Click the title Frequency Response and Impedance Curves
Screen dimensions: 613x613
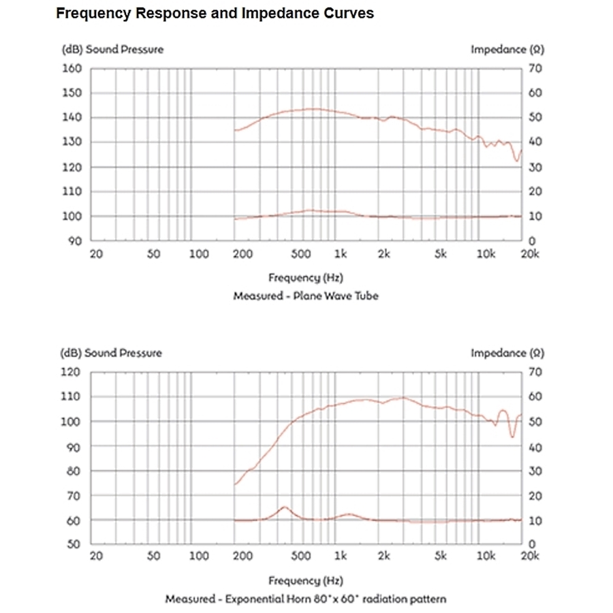tap(215, 14)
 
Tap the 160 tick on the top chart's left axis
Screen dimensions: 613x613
tap(72, 68)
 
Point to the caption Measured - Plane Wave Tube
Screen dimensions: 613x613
tap(305, 296)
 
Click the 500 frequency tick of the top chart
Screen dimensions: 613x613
tap(301, 254)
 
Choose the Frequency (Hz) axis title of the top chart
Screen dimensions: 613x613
tap(305, 278)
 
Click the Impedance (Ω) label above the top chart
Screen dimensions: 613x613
tap(507, 49)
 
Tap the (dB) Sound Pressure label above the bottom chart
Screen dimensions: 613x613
tap(112, 353)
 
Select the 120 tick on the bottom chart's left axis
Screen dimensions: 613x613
tap(72, 372)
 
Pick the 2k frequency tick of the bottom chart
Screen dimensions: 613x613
tap(384, 557)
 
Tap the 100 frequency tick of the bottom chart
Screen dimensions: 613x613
tap(199, 557)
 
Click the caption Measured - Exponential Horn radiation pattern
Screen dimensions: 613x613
tap(305, 599)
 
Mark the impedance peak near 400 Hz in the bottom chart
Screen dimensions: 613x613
tap(284, 507)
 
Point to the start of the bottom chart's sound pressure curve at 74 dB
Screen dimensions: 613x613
tap(235, 484)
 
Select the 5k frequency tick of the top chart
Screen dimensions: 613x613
tap(441, 254)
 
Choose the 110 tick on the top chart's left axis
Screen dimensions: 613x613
tap(72, 191)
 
